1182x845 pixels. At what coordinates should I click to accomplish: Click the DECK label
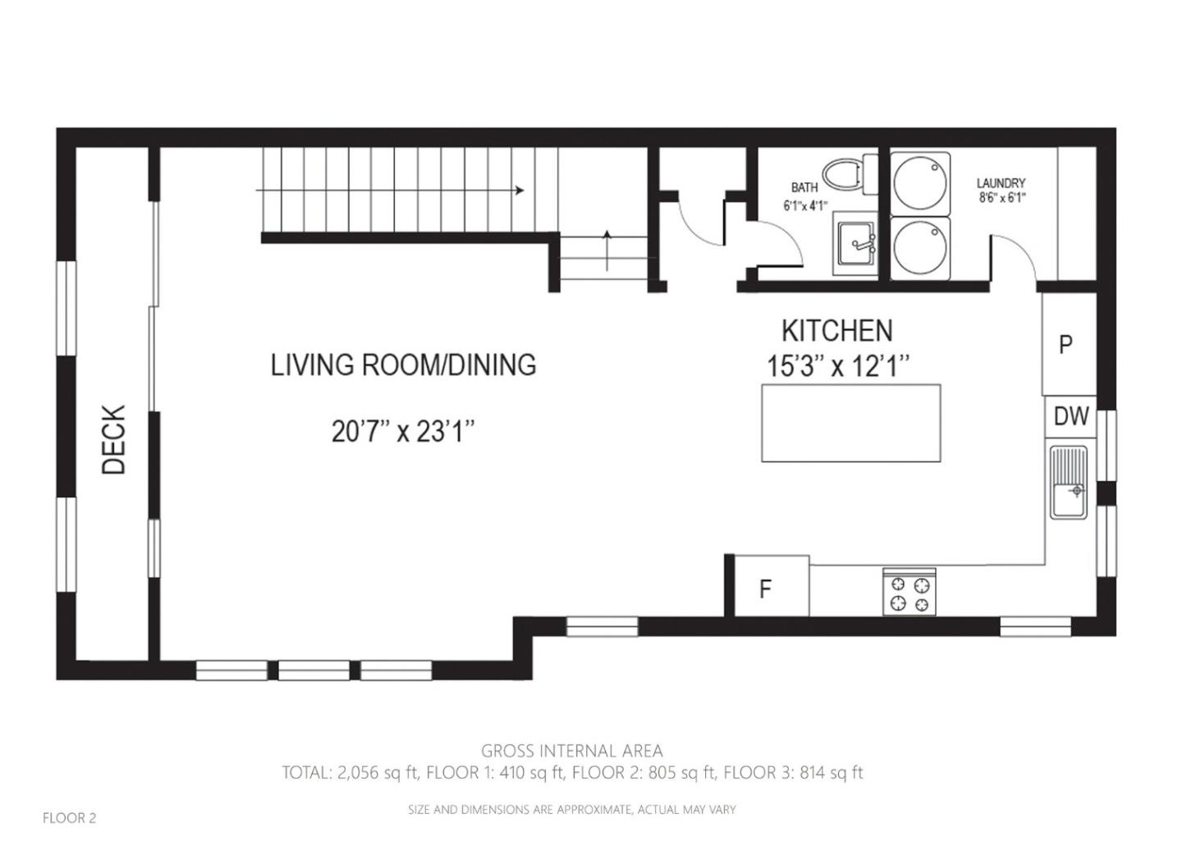coord(114,439)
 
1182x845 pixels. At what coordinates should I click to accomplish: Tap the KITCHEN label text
coord(836,331)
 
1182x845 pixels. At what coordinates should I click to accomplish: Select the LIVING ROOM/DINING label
coord(403,365)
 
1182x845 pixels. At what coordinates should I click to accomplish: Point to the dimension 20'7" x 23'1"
coord(403,431)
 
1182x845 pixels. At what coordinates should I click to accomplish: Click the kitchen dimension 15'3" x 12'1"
coord(838,365)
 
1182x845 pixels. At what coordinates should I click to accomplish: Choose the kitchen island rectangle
coord(850,423)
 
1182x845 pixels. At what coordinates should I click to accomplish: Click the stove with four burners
coord(909,593)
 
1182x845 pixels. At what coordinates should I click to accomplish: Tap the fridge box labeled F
coord(767,588)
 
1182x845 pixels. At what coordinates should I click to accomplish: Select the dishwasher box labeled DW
coord(1070,416)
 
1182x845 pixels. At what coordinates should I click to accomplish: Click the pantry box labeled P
coord(1066,344)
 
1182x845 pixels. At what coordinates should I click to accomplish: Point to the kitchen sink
coord(1068,484)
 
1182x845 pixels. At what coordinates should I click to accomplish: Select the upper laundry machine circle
coord(919,181)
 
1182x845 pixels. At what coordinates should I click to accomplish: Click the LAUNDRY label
coord(1001,183)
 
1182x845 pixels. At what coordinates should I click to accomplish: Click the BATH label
coord(804,188)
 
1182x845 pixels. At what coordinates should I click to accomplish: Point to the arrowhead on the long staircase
coord(520,191)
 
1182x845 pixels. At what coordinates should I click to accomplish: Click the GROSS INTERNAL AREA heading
coord(571,751)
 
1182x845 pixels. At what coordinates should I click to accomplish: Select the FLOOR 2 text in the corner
coord(69,818)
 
